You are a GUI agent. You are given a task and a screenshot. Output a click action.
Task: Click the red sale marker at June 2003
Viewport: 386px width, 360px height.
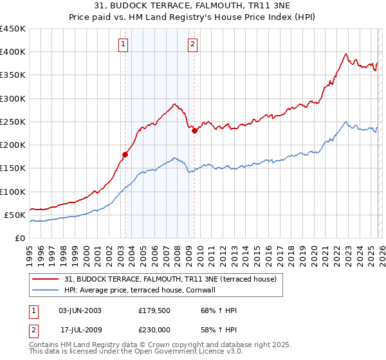(x=125, y=154)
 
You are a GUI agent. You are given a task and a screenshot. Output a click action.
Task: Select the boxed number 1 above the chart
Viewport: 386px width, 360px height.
(x=123, y=44)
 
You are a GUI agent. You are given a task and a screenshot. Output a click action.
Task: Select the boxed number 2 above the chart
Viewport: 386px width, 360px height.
(x=192, y=44)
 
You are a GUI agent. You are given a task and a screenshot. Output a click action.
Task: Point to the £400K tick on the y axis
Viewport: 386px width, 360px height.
(x=13, y=52)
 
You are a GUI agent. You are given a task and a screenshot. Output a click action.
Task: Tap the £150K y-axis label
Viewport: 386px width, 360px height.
(x=13, y=168)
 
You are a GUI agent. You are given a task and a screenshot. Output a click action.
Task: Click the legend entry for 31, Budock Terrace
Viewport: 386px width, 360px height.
(x=170, y=279)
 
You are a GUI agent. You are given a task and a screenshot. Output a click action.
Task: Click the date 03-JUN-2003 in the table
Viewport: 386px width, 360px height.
(x=80, y=310)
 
